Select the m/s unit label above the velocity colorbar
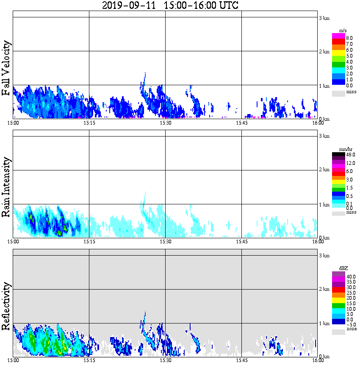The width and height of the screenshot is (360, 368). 343,31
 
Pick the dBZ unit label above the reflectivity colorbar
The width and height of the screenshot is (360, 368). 343,268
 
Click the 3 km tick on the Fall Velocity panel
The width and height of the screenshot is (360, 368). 324,18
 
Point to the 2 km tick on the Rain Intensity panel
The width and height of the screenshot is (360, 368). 324,170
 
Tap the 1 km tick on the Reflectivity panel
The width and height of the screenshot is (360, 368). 324,323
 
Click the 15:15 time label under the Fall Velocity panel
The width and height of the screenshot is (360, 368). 89,123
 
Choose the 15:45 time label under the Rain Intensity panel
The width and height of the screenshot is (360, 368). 241,242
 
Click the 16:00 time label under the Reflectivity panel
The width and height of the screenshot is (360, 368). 318,360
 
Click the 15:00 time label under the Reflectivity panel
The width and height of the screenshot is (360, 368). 13,360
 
